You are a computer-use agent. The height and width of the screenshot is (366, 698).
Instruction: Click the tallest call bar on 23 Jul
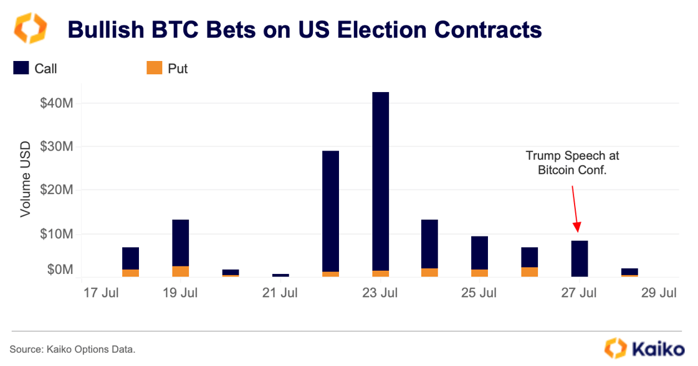380,181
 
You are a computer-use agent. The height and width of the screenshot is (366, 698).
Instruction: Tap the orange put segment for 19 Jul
181,271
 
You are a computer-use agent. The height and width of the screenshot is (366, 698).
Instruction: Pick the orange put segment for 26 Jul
530,272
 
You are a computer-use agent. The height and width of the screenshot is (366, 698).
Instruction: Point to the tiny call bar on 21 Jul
280,275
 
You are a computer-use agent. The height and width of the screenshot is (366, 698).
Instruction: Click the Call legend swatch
21,68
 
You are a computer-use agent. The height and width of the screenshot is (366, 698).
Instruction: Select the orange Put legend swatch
154,68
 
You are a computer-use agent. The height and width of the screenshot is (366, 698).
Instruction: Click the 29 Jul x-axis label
659,293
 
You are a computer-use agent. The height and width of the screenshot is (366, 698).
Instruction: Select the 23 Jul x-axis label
380,293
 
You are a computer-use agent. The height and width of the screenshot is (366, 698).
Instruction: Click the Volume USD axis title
26,181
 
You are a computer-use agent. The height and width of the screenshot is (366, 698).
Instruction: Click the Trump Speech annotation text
572,162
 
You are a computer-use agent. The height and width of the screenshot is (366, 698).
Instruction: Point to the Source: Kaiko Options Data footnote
72,350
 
